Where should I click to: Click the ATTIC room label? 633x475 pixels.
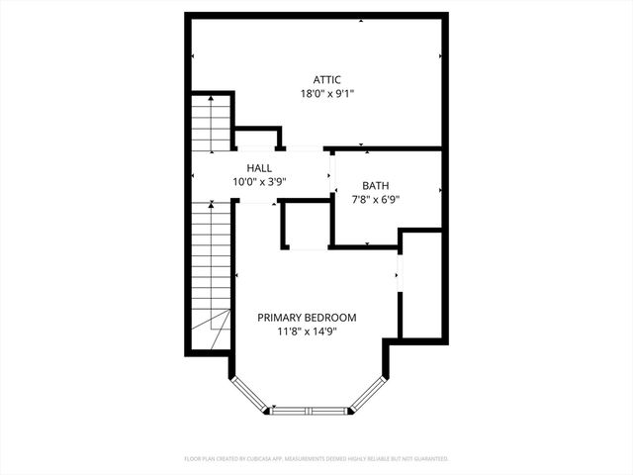point(326,79)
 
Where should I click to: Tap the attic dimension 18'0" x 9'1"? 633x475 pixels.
point(326,94)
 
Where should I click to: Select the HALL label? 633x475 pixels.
point(259,168)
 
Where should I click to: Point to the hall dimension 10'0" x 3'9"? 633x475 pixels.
point(259,182)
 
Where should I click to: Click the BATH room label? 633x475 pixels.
point(375,185)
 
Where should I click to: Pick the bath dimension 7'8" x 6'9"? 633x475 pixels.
point(375,199)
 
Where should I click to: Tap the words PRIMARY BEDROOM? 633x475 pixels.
point(307,318)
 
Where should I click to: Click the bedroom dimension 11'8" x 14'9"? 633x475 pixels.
point(307,332)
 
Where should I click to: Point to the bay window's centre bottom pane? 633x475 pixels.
point(310,410)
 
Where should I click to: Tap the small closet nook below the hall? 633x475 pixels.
point(307,226)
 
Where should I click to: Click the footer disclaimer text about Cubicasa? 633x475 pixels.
point(316,459)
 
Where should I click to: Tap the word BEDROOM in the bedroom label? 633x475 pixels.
point(330,318)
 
